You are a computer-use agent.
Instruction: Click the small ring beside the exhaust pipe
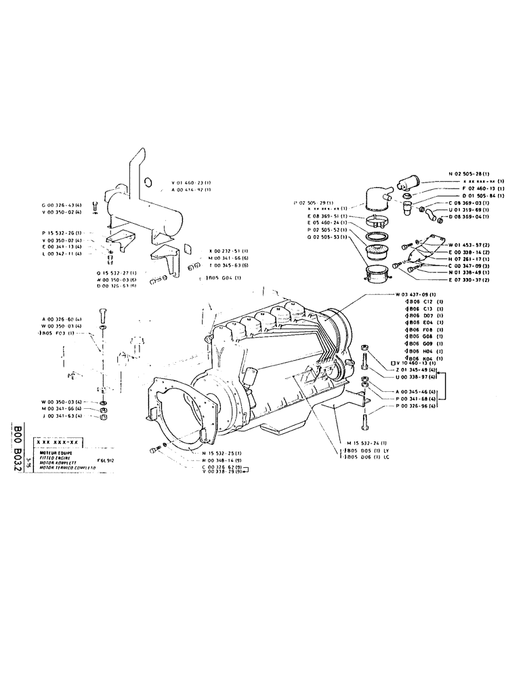148,181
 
